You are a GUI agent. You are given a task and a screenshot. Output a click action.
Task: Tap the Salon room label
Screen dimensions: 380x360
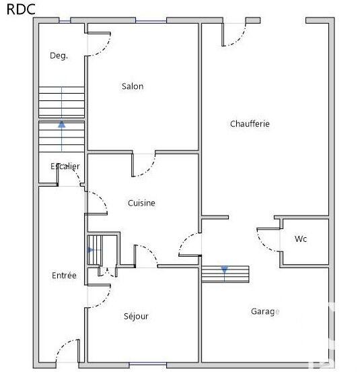(x=133, y=86)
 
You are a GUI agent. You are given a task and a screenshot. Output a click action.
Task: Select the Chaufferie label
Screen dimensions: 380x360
(x=250, y=124)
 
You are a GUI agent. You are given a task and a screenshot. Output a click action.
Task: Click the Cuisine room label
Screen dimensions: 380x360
(x=141, y=203)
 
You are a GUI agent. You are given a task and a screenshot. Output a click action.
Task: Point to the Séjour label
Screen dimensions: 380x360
(x=136, y=316)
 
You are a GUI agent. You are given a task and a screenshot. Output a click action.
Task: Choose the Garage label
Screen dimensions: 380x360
(x=264, y=311)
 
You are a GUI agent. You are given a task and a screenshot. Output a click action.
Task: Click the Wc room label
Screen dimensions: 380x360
(x=301, y=239)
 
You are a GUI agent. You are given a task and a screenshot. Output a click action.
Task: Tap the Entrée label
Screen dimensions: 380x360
(x=64, y=276)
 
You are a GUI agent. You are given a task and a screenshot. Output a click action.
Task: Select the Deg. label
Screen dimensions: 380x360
(x=59, y=56)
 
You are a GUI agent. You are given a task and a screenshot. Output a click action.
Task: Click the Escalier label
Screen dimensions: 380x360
(x=65, y=166)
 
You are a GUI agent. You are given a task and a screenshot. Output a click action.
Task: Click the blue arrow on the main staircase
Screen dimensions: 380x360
(x=62, y=124)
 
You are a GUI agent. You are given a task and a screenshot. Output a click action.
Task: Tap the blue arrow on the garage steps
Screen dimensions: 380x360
(x=225, y=270)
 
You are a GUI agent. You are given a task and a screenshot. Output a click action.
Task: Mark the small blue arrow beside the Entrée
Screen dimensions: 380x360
(x=91, y=250)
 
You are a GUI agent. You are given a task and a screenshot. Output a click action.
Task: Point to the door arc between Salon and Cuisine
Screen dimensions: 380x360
(x=144, y=166)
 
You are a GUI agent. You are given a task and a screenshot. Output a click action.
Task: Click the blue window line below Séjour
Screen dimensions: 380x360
(x=147, y=365)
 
